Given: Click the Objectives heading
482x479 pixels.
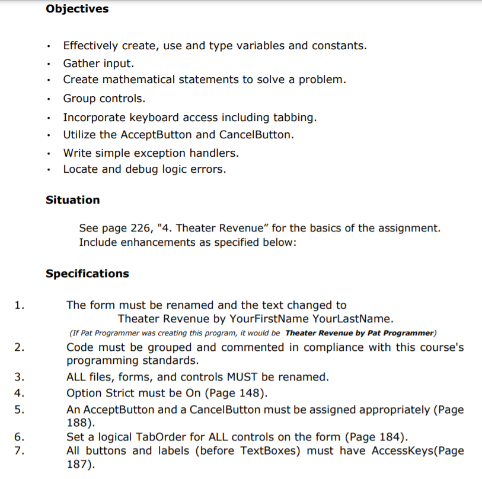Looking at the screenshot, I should [x=77, y=9].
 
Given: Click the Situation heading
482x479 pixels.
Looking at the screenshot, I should [x=73, y=200].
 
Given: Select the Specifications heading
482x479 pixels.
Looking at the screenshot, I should [x=87, y=274].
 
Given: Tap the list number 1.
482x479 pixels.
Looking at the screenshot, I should [x=20, y=306].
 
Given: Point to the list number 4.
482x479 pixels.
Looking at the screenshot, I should [x=20, y=392].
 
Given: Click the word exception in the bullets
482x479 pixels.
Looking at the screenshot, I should [x=164, y=153].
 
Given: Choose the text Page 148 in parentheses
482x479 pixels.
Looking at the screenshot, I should [x=240, y=392].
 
